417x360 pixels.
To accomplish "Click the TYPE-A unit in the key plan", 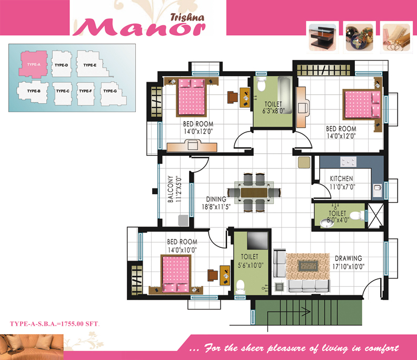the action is (x=34, y=64).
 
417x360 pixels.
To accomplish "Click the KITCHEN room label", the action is (x=342, y=178).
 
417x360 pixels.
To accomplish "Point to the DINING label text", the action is (x=216, y=199).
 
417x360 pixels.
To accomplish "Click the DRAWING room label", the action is (x=349, y=258).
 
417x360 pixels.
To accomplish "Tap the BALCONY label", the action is (x=171, y=189).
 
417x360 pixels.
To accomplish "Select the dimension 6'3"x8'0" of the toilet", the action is (x=273, y=111).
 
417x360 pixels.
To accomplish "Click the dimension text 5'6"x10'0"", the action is (x=251, y=265).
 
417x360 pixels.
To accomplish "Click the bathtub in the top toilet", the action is (x=285, y=95).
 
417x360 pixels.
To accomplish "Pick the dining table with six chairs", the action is (x=254, y=192).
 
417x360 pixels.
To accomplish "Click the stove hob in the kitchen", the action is (x=349, y=162).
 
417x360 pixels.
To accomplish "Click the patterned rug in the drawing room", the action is (x=308, y=266).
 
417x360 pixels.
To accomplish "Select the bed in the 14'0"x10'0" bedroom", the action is (x=176, y=273).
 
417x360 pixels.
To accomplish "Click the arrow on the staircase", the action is (x=289, y=312).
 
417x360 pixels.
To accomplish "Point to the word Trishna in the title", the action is (x=187, y=17).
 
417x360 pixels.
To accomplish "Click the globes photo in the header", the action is (x=359, y=37).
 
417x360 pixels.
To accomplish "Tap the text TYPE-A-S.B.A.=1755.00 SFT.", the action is (x=55, y=324).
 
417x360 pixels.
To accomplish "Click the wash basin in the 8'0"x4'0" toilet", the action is (x=327, y=223).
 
